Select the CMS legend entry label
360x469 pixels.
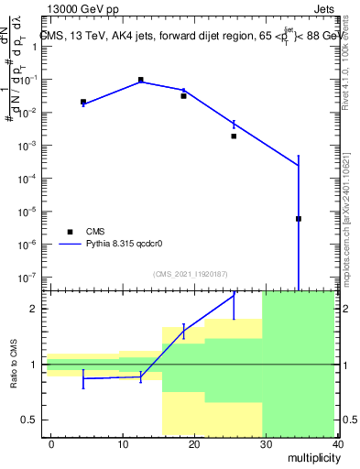pos(96,232)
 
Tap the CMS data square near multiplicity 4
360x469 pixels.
pos(83,102)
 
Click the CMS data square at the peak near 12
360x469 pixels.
pos(141,81)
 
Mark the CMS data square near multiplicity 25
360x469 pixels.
pos(234,136)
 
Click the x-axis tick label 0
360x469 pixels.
pos(51,443)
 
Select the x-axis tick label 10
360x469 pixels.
pos(123,443)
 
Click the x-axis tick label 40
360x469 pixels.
pos(336,443)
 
